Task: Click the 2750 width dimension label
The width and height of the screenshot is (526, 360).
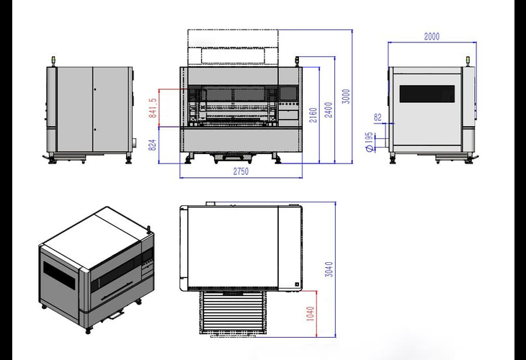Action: coord(241,171)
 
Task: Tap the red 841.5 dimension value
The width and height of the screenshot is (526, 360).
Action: coord(153,108)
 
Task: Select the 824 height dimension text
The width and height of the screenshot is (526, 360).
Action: coord(152,145)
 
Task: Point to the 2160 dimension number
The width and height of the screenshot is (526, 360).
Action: coord(313,115)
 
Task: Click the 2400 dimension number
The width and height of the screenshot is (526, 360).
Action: coord(329,110)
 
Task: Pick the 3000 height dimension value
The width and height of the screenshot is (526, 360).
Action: coord(346,96)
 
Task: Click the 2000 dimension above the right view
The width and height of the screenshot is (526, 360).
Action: coord(432,36)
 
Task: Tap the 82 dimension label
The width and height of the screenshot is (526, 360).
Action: coord(378,117)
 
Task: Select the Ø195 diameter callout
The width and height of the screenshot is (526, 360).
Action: coord(369,142)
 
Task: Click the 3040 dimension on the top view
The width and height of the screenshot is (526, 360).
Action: coord(329,269)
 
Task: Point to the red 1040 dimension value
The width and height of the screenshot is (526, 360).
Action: coord(311,314)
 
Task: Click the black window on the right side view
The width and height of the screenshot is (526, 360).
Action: coord(427,94)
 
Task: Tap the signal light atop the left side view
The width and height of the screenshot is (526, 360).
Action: coord(53,61)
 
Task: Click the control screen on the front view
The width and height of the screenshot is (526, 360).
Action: coord(288,94)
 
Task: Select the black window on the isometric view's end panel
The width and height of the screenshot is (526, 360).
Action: coord(59,274)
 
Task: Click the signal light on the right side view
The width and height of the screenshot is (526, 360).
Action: coord(468,61)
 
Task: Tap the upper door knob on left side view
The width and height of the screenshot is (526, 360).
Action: coord(95,89)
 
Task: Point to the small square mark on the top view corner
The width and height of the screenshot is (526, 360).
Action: coord(297,284)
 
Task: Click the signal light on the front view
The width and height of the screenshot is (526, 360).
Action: coord(297,61)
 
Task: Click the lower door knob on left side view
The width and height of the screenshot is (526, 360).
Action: coord(95,130)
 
